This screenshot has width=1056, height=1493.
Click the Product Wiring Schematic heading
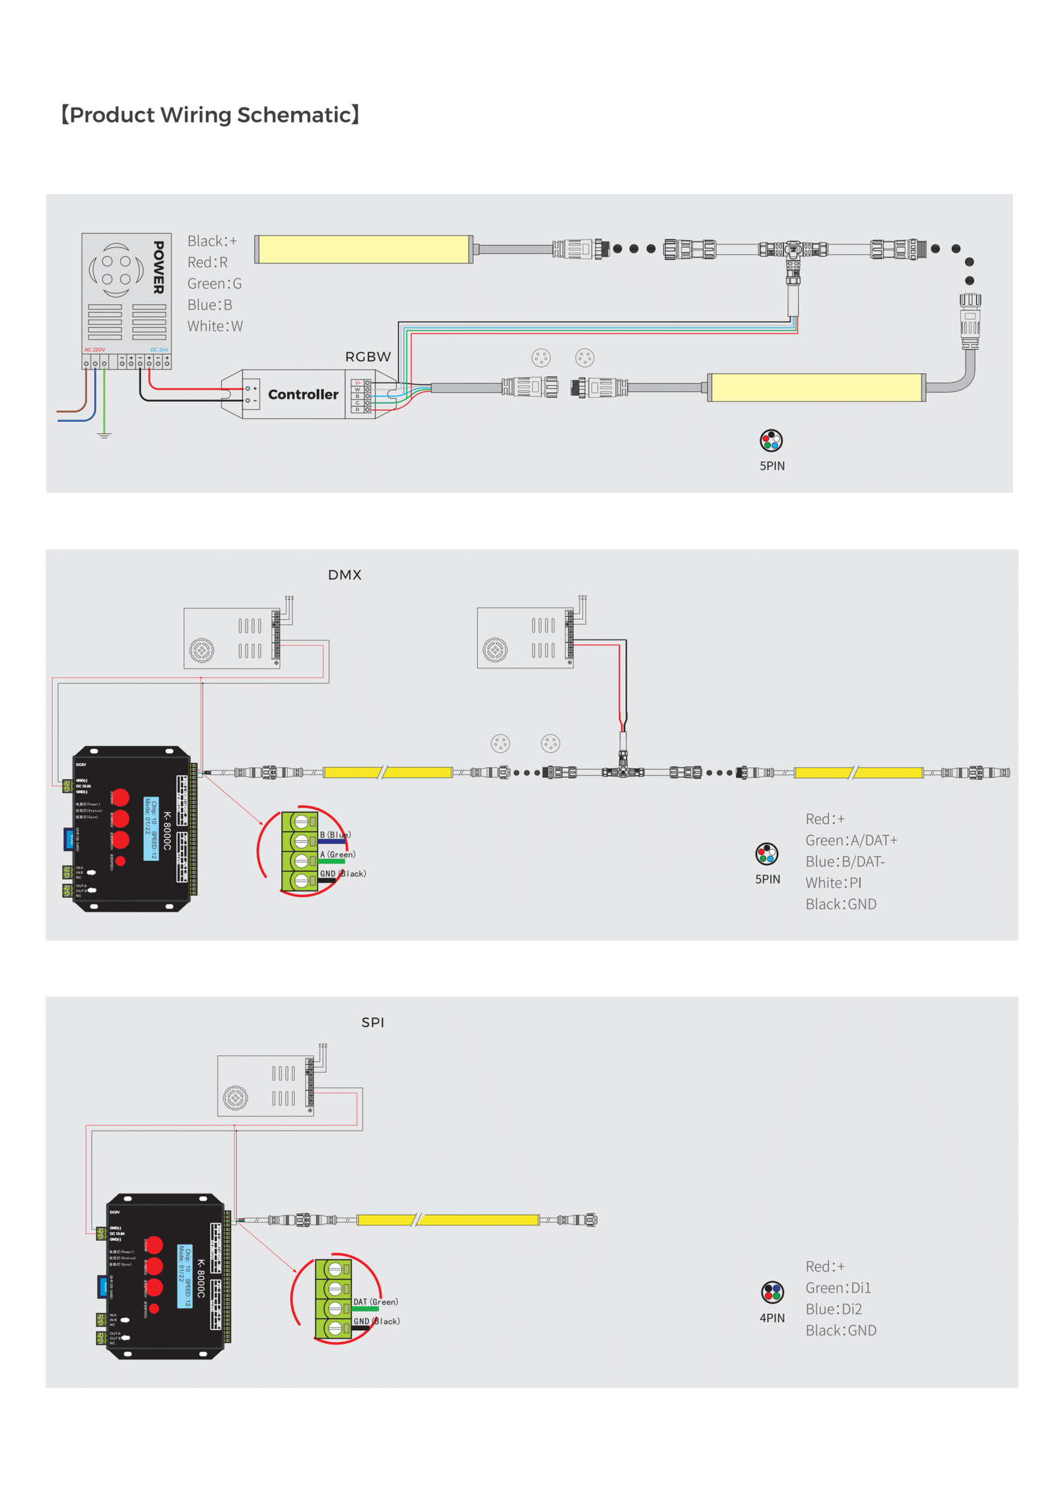(210, 115)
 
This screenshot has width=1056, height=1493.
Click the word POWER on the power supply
(158, 267)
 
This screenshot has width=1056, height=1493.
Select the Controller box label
(303, 395)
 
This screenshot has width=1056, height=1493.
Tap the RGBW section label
(368, 357)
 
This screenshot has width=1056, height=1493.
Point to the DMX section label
(345, 575)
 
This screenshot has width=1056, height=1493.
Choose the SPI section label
(372, 1022)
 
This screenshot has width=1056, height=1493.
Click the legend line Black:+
(212, 241)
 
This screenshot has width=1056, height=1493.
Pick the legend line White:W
(215, 326)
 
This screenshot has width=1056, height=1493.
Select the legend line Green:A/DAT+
(851, 840)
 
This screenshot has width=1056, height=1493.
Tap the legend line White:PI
(833, 883)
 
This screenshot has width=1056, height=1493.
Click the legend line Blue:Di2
(833, 1309)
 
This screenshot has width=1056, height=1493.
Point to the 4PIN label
(772, 1318)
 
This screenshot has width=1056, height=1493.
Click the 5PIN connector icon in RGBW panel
(771, 440)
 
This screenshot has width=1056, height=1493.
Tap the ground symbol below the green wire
(104, 435)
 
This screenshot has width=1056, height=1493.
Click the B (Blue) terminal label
(335, 835)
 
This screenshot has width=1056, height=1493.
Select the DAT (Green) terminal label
(376, 1302)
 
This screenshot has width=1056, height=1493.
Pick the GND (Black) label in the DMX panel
(343, 874)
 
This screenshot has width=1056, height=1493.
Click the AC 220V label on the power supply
(94, 350)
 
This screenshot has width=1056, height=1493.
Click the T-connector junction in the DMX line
(622, 771)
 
